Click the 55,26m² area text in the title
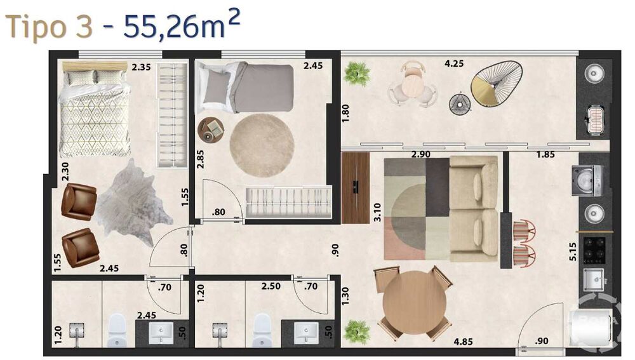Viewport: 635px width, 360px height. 182,25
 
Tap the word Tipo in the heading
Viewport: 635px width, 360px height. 36,27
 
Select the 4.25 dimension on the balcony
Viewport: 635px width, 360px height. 453,63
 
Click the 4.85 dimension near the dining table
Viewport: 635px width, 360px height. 463,342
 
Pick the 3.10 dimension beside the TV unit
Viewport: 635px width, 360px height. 377,212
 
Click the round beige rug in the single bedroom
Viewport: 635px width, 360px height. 262,145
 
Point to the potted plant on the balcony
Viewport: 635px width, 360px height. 357,74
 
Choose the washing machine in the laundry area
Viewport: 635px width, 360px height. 587,180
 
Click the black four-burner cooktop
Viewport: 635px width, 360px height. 594,250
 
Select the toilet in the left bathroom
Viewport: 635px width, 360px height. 117,330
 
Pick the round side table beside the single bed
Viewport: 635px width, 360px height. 211,130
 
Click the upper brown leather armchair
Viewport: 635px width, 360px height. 79,202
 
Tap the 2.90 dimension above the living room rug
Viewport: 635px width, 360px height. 421,154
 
